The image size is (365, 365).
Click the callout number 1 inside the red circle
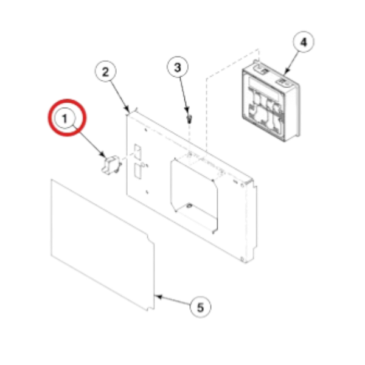point(65,119)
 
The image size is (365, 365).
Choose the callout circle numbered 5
point(200,307)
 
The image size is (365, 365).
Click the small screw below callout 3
point(190,115)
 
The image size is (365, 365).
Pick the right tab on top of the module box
point(283,78)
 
